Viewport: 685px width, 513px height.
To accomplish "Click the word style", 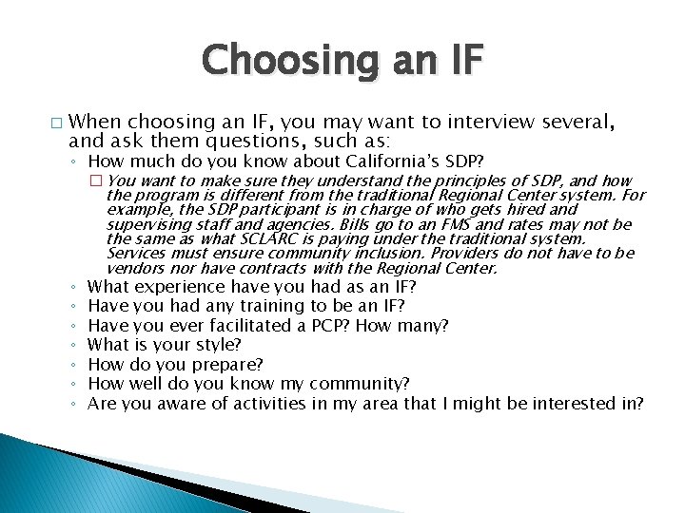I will coord(219,344).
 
